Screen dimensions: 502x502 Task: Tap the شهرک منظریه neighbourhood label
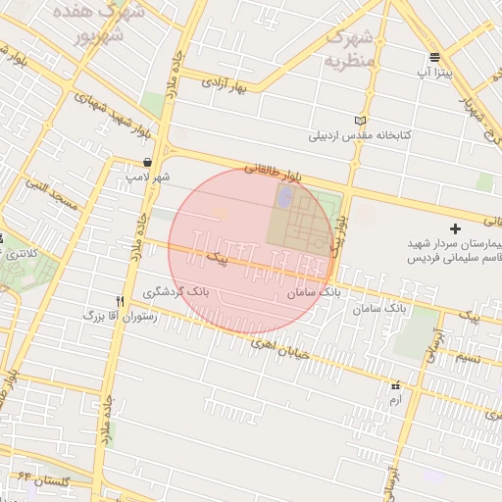350,48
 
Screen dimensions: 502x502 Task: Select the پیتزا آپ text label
435,74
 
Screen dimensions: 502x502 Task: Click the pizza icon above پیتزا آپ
434,58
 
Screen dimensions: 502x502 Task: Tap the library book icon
361,121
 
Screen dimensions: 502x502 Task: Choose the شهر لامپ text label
147,176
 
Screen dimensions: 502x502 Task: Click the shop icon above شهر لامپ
147,163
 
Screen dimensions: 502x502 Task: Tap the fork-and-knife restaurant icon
120,301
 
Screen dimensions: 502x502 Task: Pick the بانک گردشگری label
176,291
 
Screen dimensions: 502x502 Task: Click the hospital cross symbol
454,227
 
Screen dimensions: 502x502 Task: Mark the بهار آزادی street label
227,83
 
